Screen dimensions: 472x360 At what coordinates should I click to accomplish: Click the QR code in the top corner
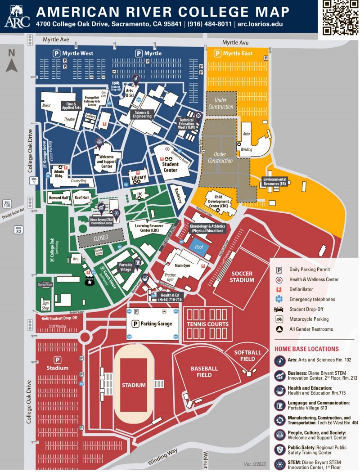(x=339, y=17)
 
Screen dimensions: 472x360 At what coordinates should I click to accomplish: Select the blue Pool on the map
(x=199, y=247)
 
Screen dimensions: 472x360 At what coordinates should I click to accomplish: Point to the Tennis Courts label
(x=207, y=324)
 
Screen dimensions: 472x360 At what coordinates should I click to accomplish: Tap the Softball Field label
(x=247, y=355)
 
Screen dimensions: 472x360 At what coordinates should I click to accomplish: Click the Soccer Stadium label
(x=242, y=277)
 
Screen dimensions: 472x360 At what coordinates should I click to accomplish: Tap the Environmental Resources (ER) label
(x=274, y=181)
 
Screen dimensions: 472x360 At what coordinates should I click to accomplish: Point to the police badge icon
(x=89, y=280)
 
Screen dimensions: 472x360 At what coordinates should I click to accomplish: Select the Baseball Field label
(x=204, y=372)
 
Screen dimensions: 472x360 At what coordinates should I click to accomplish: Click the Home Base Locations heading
(x=306, y=349)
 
